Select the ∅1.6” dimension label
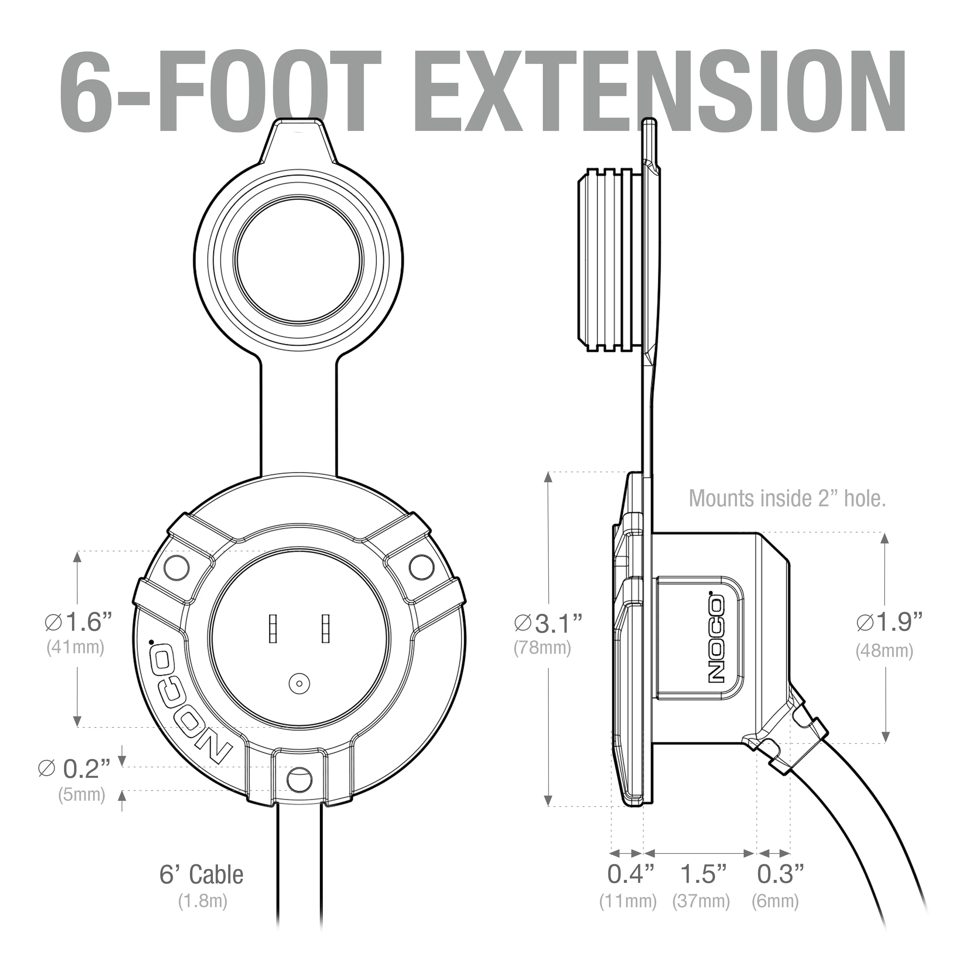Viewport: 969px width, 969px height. [x=78, y=623]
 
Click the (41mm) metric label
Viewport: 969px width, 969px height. [x=75, y=648]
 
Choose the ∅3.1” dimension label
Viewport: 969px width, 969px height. [x=548, y=623]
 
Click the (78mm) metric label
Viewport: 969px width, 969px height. [x=542, y=648]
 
